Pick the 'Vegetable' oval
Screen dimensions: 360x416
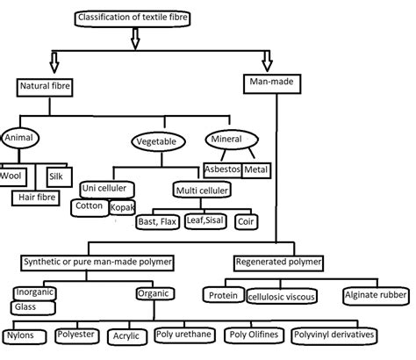[x=158, y=140]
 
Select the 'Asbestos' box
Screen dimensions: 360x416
[x=222, y=168]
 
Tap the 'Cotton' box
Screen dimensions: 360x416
[x=90, y=205]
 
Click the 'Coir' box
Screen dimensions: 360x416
[x=247, y=221]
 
